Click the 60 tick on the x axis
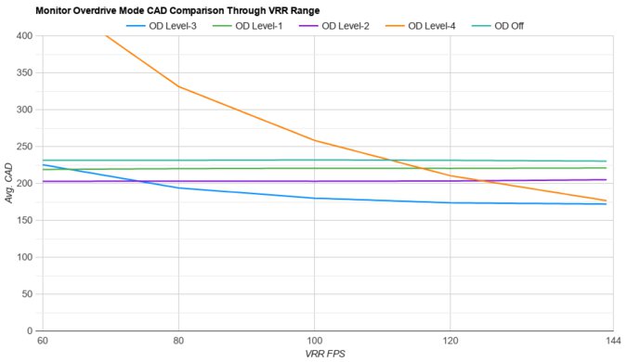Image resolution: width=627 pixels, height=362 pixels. (x=43, y=342)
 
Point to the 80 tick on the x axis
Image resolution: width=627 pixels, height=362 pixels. (x=178, y=342)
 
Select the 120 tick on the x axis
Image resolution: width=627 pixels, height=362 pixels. (x=451, y=342)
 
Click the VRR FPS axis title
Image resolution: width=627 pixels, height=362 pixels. (x=324, y=355)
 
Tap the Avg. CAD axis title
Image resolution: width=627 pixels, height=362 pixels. (x=9, y=183)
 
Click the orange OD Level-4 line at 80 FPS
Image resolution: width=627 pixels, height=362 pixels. (x=178, y=86)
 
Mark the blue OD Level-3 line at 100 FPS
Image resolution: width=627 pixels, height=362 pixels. (x=315, y=198)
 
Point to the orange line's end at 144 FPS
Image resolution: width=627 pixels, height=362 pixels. (x=606, y=200)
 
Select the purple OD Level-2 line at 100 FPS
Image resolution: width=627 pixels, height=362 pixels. (x=315, y=181)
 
